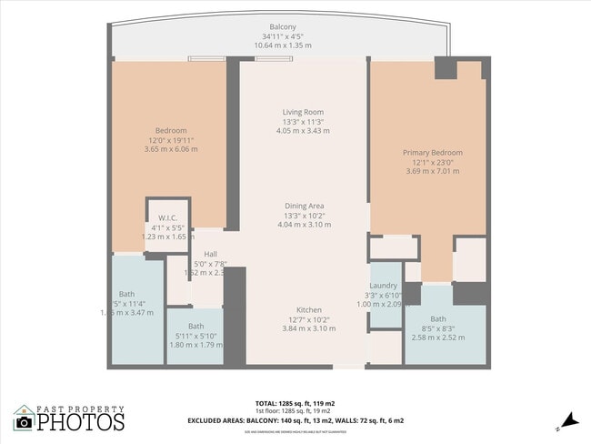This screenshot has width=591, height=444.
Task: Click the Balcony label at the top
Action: coord(282,26)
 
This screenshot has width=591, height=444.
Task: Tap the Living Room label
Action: coord(303,113)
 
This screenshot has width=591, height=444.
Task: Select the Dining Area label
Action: coord(303,207)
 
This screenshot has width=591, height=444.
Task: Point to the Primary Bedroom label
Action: coord(433,153)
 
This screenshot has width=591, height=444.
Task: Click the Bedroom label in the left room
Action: coord(170,131)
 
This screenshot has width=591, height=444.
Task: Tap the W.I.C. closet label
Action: coord(167,217)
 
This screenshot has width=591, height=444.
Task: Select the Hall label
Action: coord(210,254)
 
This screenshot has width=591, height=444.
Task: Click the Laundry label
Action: coord(383,286)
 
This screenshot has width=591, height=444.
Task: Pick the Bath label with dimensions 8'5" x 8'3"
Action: coord(438,318)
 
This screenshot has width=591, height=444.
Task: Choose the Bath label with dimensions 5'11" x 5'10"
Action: coord(195,326)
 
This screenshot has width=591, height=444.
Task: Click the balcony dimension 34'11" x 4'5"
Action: coord(282,35)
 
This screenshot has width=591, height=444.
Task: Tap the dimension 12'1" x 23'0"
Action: coord(433,162)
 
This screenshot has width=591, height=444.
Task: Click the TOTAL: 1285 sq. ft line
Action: coord(295,401)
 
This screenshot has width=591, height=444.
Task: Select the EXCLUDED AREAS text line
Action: coord(295,421)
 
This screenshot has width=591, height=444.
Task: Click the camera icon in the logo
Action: coord(24,421)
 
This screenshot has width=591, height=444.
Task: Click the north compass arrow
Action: coord(567,419)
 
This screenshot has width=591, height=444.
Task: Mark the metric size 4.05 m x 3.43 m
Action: coord(303,131)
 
